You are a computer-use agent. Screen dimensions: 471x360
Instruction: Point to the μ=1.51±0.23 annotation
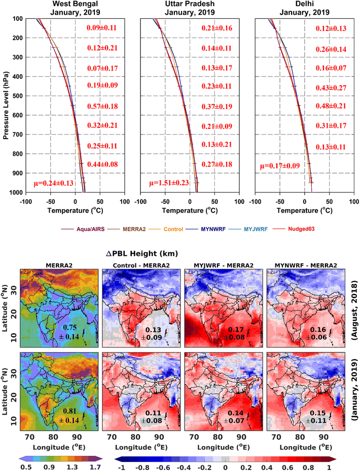coord(168,183)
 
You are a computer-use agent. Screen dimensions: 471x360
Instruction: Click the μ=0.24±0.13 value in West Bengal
coord(54,183)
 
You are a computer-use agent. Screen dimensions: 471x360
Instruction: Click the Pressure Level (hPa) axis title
coord(6,106)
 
